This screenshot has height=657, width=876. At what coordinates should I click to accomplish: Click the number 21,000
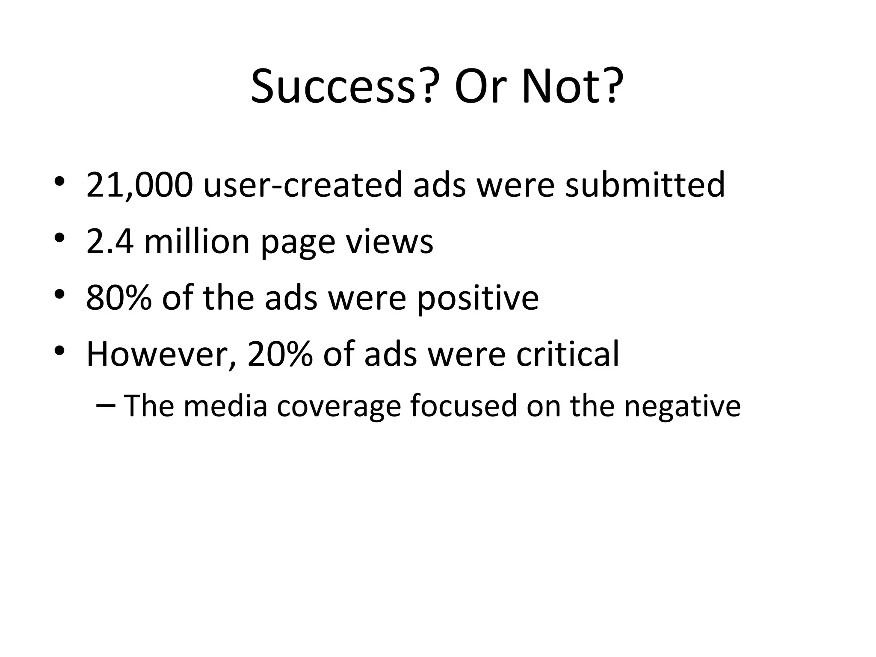coord(139,185)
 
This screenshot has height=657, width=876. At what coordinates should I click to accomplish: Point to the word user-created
coord(303,185)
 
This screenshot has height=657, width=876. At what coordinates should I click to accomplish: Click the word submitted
coord(645,185)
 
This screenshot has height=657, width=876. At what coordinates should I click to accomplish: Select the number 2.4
coord(110,242)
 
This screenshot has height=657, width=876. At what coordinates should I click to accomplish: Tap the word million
coord(197,242)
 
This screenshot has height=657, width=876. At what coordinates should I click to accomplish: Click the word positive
coord(478,299)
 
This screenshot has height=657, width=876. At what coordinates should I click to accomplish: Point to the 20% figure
coord(280,355)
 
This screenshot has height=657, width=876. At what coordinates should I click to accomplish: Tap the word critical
coord(568,355)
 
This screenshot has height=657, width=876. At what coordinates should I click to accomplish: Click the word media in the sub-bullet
coord(225,406)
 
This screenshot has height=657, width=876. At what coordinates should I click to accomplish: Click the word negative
coord(682,407)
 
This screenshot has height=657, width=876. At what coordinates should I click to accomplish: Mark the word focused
coord(464,406)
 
